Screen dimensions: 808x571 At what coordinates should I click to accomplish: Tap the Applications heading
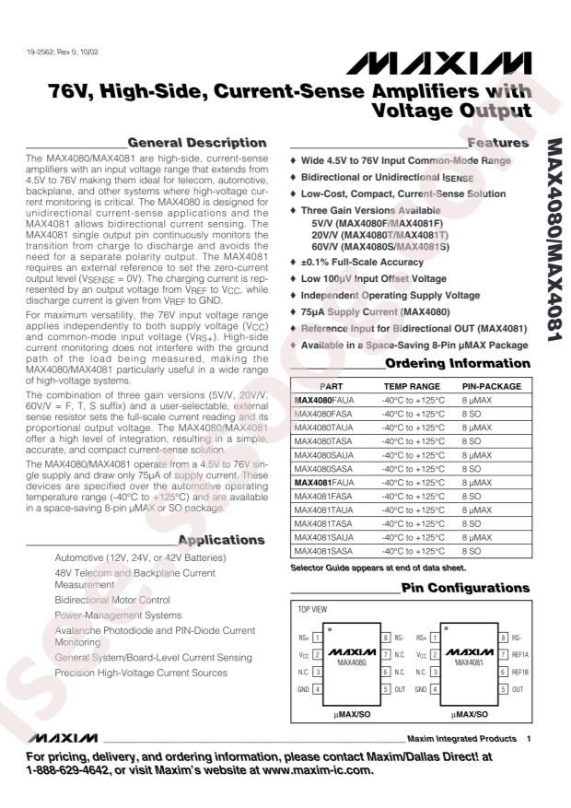(221, 540)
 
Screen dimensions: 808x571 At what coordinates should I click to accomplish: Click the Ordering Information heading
(457, 362)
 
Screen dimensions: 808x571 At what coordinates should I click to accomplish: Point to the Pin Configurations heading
(465, 588)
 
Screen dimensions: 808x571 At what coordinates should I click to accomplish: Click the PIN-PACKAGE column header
(491, 387)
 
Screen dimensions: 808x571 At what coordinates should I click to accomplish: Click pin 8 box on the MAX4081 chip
(504, 638)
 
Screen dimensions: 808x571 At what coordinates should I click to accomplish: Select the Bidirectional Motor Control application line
(112, 599)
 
